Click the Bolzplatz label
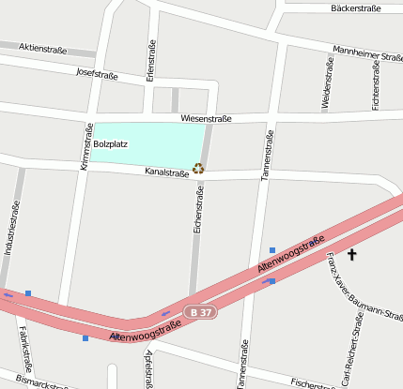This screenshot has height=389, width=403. tap(111, 144)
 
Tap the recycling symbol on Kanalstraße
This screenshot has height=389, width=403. tap(198, 169)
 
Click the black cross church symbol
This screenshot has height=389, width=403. tap(352, 254)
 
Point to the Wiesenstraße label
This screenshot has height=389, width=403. tap(205, 119)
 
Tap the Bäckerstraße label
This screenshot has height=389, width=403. tap(356, 8)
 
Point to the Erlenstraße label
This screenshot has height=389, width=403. tap(151, 61)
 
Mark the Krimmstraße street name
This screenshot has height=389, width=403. tap(85, 147)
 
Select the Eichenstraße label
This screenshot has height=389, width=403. tap(199, 211)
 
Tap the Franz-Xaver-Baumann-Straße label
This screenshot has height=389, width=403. tap(363, 286)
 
